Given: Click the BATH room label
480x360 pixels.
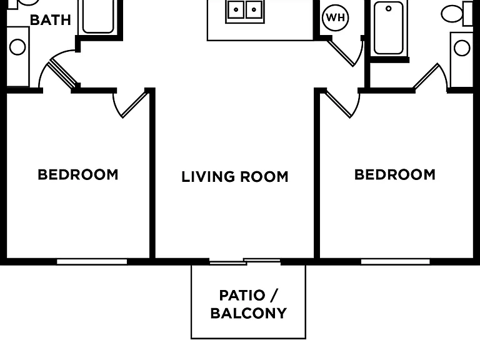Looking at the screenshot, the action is [x=51, y=20].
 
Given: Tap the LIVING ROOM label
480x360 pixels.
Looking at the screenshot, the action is [x=235, y=177].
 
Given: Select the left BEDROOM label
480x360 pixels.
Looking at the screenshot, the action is [x=78, y=175].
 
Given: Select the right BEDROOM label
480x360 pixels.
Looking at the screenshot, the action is [x=395, y=175].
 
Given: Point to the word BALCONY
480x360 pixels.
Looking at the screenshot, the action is [x=249, y=314].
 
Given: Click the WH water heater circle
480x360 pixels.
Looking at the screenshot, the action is [x=336, y=17].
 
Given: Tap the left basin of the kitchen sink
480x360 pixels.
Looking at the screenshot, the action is [x=236, y=9].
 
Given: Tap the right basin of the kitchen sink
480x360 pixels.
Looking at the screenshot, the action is [x=254, y=9].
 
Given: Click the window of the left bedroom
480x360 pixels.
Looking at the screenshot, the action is [x=92, y=262].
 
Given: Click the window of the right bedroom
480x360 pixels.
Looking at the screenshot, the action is [x=396, y=262].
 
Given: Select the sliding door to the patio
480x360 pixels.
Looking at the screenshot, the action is [x=245, y=262].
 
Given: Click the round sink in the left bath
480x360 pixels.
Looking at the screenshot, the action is [x=17, y=47].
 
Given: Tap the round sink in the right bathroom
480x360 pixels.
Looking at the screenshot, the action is [x=462, y=48].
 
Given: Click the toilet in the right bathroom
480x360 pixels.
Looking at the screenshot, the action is [x=457, y=14].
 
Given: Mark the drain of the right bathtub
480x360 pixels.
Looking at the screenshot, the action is [x=389, y=9].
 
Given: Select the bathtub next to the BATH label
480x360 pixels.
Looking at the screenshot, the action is [x=98, y=16].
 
